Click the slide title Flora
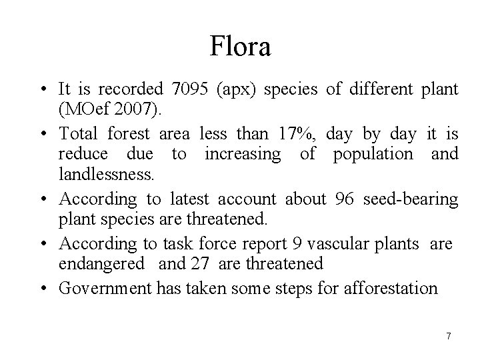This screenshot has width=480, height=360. pos(240,47)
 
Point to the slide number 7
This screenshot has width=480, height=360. pos(448,336)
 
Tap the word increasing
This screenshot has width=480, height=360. pos(243,155)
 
